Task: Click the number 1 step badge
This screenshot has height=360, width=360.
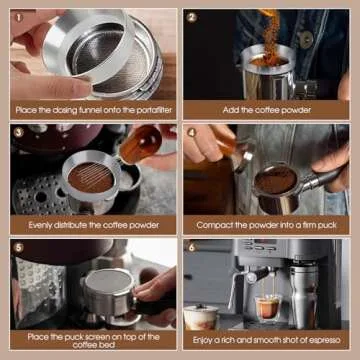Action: (x=17, y=17)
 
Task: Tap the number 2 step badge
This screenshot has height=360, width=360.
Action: (x=191, y=17)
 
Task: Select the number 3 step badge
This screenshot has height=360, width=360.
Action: (x=17, y=132)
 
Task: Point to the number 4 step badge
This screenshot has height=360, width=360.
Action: (x=191, y=132)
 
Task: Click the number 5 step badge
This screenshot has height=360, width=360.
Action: (x=17, y=247)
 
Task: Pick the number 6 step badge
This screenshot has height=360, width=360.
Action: (x=191, y=247)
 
